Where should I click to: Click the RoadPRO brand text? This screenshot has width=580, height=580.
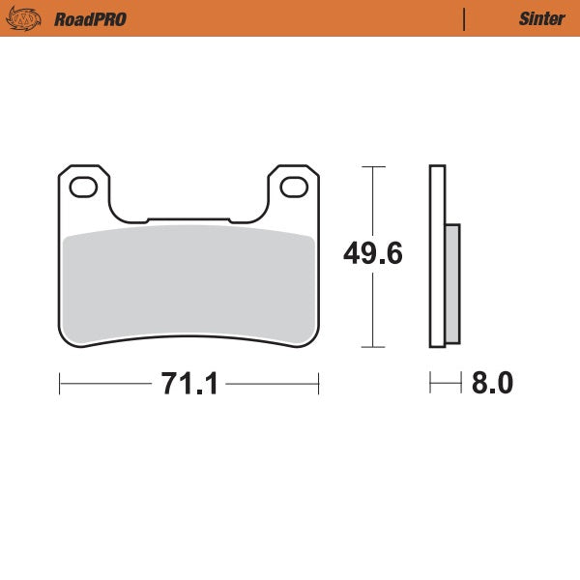tap(90, 18)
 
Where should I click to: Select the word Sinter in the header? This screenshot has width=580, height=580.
tap(536, 18)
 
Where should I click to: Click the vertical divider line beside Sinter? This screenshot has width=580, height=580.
tap(465, 18)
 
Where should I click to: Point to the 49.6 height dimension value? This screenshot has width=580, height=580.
tap(373, 253)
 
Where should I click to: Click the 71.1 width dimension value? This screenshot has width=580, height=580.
tap(188, 384)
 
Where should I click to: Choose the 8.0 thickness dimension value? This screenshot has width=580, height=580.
tap(492, 384)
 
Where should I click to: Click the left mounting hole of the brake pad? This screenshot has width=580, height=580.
tap(84, 188)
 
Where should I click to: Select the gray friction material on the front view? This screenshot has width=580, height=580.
tap(188, 285)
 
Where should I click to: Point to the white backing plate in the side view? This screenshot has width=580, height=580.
tap(437, 193)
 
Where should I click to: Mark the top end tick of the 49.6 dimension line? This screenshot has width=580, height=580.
tap(373, 167)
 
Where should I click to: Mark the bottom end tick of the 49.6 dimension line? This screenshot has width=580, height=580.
tap(373, 346)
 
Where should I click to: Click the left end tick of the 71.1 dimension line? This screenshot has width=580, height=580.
tap(60, 384)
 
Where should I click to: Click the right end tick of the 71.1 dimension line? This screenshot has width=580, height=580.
tap(319, 384)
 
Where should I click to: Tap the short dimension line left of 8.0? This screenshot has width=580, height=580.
tap(446, 384)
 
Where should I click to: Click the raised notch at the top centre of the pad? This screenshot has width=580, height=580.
tap(188, 221)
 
